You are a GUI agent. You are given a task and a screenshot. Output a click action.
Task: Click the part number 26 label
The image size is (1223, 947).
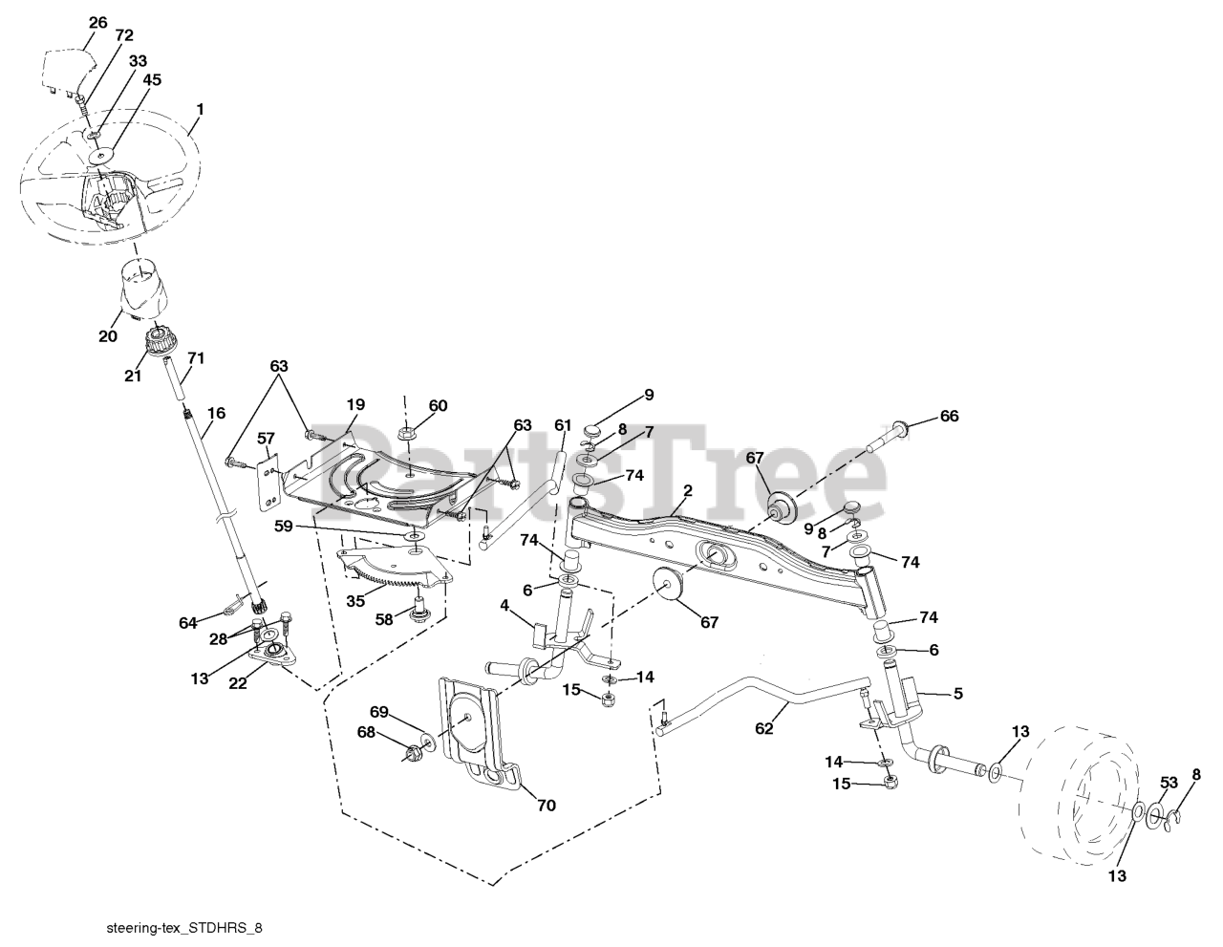(97, 23)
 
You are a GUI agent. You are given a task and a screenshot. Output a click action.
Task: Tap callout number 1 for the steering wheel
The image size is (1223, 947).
(200, 109)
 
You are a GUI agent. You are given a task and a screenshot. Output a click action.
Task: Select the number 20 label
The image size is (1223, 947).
(108, 336)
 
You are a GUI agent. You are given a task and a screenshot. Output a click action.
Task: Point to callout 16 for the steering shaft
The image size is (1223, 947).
(216, 414)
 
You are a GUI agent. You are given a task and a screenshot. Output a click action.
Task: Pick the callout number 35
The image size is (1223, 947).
(355, 601)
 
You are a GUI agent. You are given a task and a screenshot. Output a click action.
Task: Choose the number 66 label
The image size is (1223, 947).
(949, 416)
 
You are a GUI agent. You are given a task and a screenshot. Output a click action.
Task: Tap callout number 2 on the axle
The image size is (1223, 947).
(687, 490)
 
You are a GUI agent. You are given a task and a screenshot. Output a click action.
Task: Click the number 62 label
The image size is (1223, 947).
(763, 728)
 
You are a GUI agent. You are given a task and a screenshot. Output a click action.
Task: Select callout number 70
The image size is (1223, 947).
(546, 806)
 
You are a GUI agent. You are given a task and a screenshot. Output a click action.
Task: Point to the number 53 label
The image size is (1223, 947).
(1169, 783)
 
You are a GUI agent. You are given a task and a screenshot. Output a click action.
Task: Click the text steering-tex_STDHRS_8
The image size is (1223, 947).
(184, 928)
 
